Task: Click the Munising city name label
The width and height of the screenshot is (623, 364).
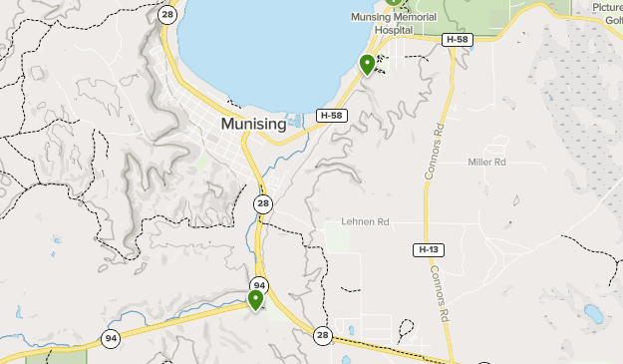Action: (x=253, y=125)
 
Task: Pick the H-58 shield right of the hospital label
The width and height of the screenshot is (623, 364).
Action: (x=457, y=39)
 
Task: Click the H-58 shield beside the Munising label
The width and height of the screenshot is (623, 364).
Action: (x=331, y=116)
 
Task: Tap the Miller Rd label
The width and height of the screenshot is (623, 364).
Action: (x=487, y=162)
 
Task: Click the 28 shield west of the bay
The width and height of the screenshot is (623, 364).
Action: (x=166, y=15)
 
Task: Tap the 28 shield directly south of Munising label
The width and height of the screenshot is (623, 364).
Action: (x=262, y=203)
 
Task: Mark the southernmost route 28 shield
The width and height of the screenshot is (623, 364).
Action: (x=322, y=335)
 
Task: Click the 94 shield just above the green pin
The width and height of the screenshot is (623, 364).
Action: (x=259, y=284)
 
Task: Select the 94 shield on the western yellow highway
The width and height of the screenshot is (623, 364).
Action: (x=110, y=338)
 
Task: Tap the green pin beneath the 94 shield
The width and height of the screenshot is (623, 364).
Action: (x=255, y=299)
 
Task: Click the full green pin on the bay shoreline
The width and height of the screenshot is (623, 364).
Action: (x=367, y=65)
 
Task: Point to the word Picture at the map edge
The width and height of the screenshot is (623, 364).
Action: (x=606, y=7)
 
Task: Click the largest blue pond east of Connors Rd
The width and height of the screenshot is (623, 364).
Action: (x=593, y=315)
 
